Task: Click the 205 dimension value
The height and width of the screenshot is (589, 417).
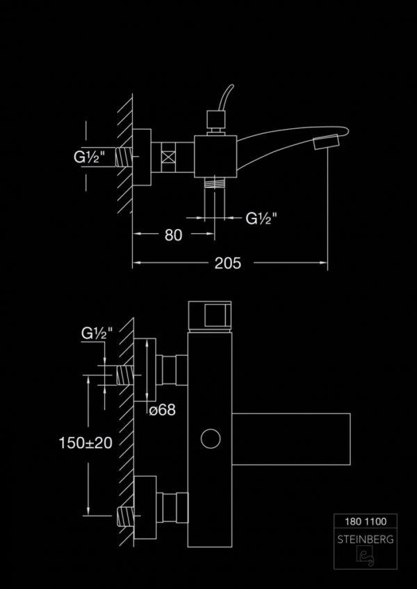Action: pos(228,264)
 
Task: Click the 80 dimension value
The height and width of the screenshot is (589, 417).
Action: pos(173,235)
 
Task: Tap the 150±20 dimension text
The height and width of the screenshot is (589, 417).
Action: pos(85,443)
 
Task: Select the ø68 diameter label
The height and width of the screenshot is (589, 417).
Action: pos(162,410)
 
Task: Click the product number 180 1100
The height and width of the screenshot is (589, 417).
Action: pos(366,522)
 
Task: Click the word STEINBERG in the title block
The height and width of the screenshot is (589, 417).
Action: pos(366,540)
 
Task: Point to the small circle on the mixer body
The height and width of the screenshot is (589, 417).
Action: pos(211,438)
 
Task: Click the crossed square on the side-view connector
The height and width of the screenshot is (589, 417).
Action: pos(168,156)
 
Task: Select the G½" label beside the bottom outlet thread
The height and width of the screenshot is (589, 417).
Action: pos(261,219)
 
